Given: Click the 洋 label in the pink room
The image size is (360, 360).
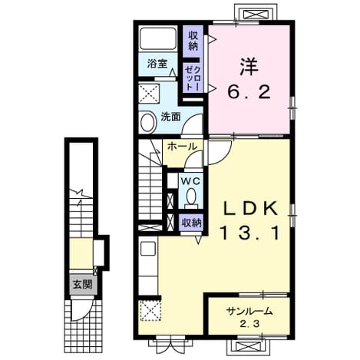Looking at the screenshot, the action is tap(249, 67).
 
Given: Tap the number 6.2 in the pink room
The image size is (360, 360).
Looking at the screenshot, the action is tap(249, 92).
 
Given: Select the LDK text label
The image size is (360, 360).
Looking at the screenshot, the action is tap(250, 209).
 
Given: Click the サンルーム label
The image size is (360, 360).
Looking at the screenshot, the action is tap(249, 312).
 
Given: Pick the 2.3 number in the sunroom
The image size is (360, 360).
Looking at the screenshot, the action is tap(249, 324).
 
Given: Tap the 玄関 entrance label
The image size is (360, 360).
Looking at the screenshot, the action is tap(82, 284).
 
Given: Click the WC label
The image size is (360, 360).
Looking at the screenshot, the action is tap(190, 181).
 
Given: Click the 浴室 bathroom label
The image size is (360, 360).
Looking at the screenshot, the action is tap(157, 64).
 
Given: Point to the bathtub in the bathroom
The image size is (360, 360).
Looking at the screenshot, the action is tap(158, 38).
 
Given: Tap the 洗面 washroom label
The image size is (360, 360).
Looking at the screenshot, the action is tap(170, 117).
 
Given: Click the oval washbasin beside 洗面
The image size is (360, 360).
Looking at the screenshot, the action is tap(148, 122).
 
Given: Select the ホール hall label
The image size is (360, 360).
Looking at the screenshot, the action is tap(182, 147).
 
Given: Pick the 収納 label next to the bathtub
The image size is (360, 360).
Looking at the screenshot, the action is tap(193, 41).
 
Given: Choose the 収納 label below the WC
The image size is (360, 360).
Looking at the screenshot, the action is tap(192, 223).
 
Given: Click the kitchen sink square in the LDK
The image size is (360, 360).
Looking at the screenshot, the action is tap(148, 248).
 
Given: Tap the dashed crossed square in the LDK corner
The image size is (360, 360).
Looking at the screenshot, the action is tap(150, 310).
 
